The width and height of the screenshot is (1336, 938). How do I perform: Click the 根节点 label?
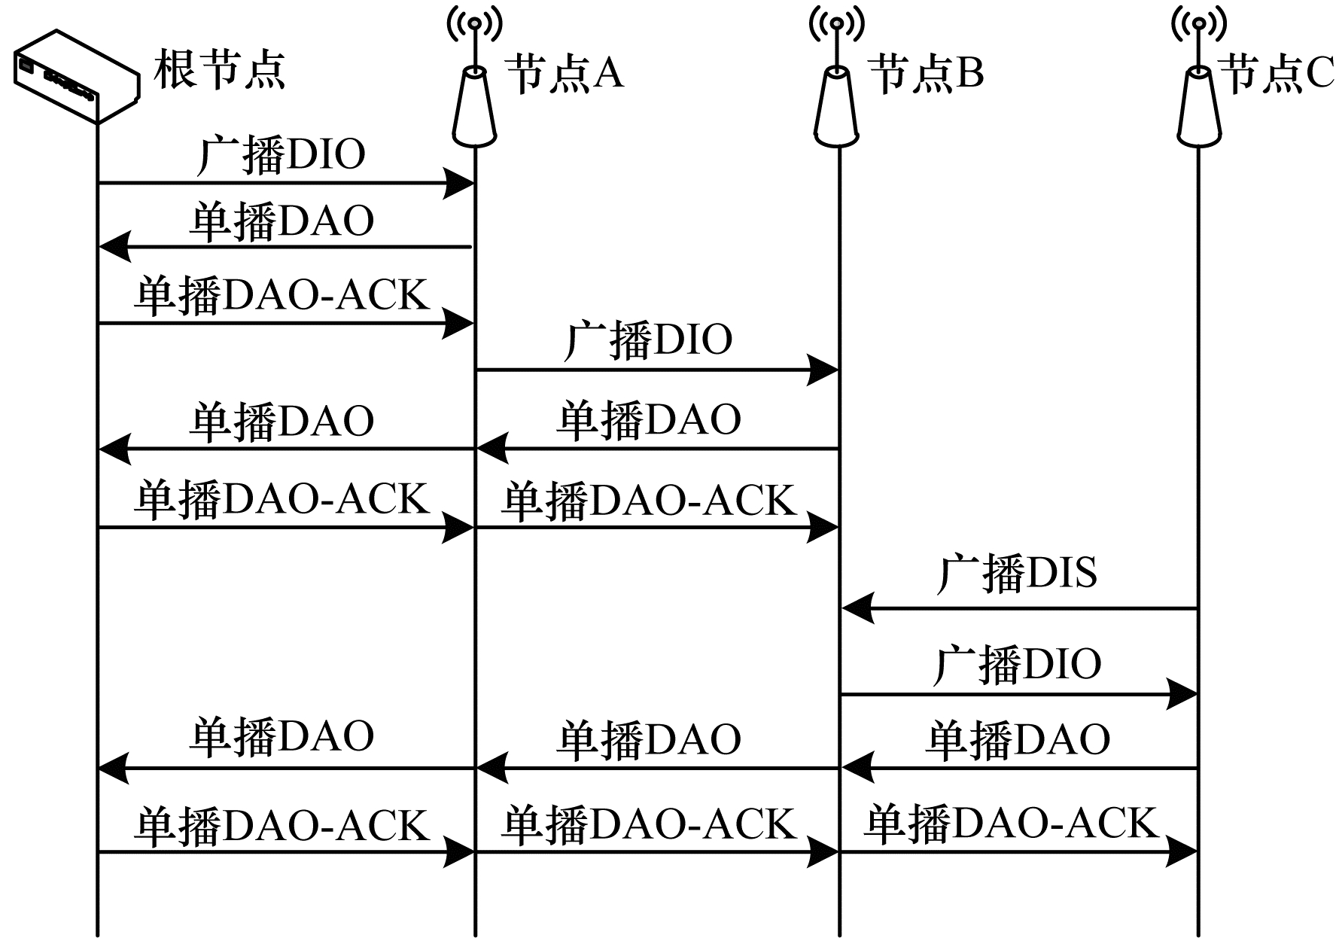click(x=219, y=71)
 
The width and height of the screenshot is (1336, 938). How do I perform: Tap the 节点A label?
click(x=565, y=74)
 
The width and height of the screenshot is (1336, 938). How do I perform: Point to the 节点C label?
click(x=1277, y=74)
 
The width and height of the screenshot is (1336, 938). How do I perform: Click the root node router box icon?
click(x=76, y=76)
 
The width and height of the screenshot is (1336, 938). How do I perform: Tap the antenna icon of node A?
click(x=474, y=83)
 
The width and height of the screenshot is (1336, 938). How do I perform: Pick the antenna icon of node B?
click(x=836, y=83)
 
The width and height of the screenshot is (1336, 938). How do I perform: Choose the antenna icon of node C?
click(x=1198, y=83)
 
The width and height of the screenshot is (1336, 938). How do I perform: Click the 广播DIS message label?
click(x=1016, y=574)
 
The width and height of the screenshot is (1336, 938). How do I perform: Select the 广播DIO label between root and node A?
click(x=281, y=155)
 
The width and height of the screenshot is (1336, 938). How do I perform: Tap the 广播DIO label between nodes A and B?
click(x=648, y=340)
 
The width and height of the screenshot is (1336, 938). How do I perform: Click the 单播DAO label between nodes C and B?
click(x=1018, y=739)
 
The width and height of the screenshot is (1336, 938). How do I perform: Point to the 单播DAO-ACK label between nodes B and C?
click(x=1010, y=823)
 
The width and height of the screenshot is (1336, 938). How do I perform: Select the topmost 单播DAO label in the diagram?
click(x=281, y=222)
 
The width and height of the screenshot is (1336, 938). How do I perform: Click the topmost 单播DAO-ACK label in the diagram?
click(x=281, y=295)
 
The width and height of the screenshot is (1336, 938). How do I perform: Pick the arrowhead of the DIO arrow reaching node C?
click(x=1181, y=694)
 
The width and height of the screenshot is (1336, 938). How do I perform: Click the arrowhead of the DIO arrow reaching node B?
click(x=822, y=370)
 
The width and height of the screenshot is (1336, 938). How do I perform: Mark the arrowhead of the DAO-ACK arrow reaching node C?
click(x=1181, y=852)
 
